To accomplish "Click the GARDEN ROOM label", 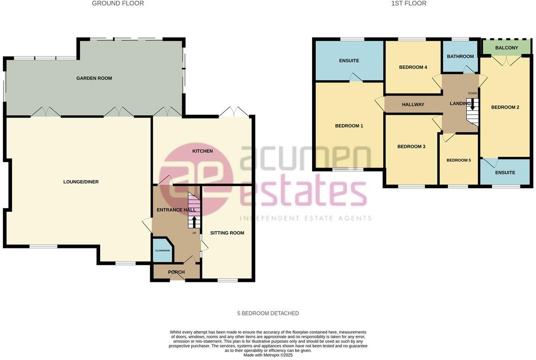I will point(94,79).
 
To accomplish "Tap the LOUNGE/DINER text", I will point(81,182).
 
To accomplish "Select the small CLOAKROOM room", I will point(162,251).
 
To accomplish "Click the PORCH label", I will point(176,272).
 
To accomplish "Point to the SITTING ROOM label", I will point(227,233).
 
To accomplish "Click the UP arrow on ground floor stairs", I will point(194,222).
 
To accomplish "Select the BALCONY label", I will point(507,48).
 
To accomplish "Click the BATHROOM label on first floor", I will point(460,56).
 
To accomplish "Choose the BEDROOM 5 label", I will point(458,160).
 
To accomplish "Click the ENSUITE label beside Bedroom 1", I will point(349,61).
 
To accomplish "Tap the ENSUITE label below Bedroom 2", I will point(505,173).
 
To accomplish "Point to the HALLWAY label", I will point(413,105).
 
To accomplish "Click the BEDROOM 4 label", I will point(413,67).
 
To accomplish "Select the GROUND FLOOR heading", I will point(118,4).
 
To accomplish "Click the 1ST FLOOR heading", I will point(408,4).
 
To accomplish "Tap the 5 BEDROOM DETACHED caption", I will point(268,313).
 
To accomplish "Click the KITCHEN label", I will point(202,151).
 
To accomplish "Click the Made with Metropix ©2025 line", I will point(268,355).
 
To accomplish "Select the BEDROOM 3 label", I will point(411,146).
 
